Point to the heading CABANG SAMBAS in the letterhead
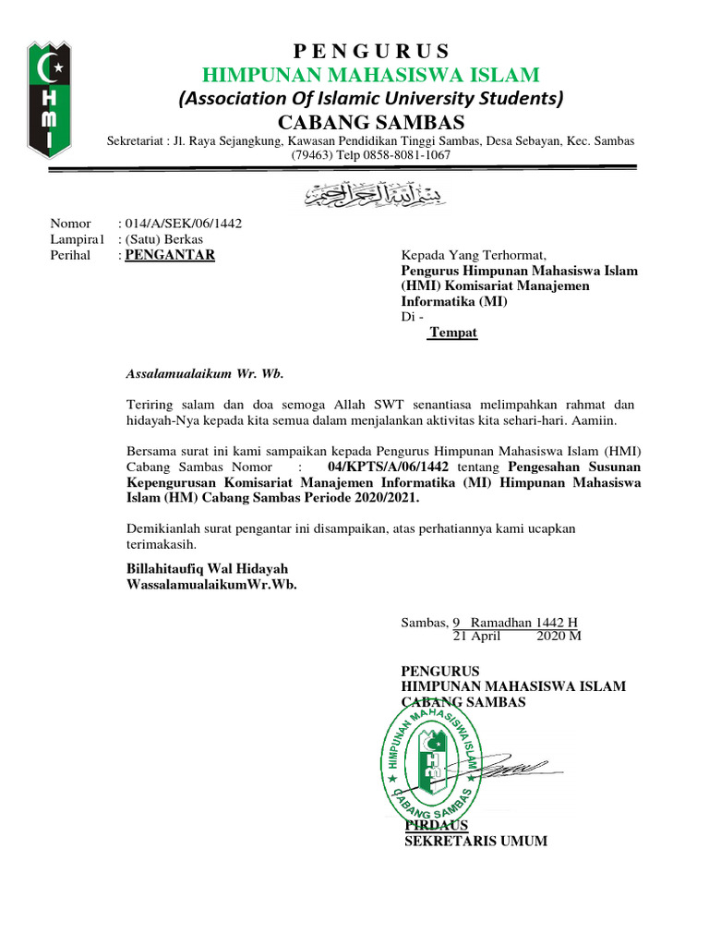tap(371, 123)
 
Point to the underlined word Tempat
tap(453, 333)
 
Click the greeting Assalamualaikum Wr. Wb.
tap(204, 374)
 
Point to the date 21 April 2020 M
tap(516, 637)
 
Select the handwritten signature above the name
tap(517, 767)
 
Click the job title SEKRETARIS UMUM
tap(476, 841)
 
